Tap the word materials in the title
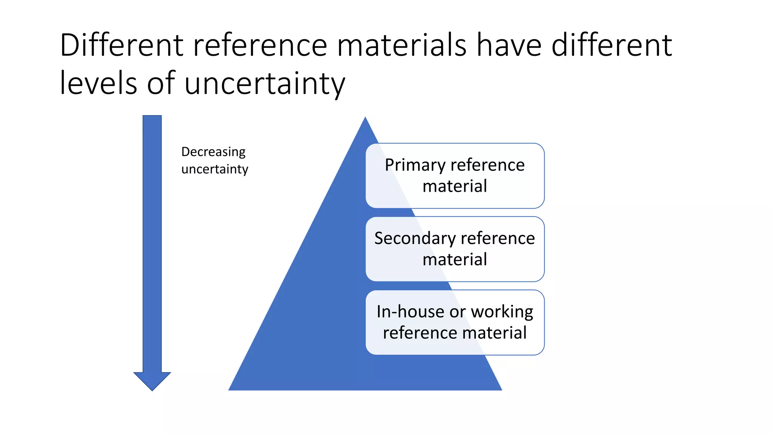click(401, 45)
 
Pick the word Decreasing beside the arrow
click(213, 152)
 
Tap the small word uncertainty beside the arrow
click(214, 169)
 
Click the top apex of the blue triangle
click(365, 118)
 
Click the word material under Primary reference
click(455, 186)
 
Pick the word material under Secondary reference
click(455, 260)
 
